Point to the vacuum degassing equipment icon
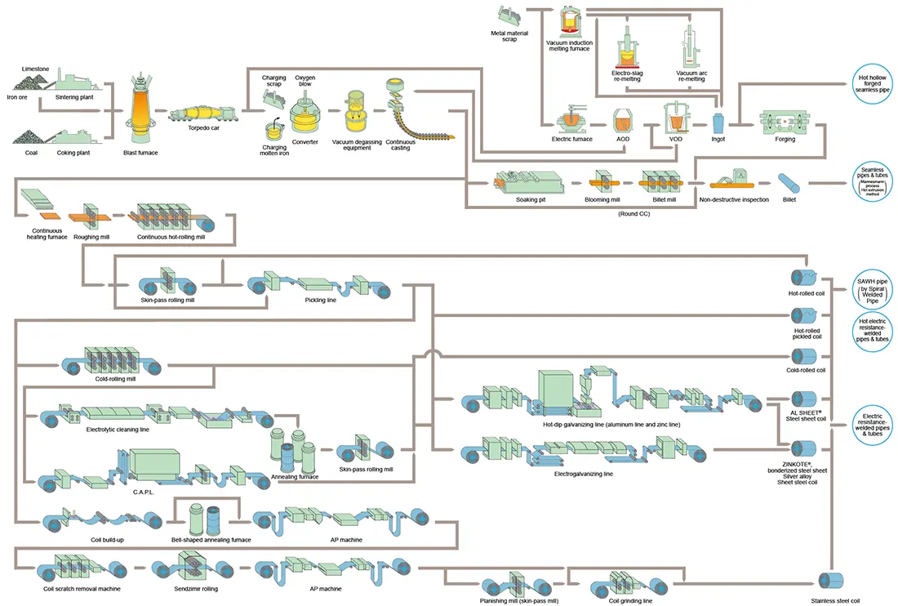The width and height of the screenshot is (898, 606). tap(358, 110)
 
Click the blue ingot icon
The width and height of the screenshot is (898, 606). tap(718, 123)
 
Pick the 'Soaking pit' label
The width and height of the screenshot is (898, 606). tap(531, 199)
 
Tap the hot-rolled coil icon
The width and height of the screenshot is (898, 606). tap(804, 278)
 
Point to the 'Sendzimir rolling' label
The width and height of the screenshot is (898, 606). tap(198, 588)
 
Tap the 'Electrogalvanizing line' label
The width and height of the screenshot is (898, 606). tap(584, 474)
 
